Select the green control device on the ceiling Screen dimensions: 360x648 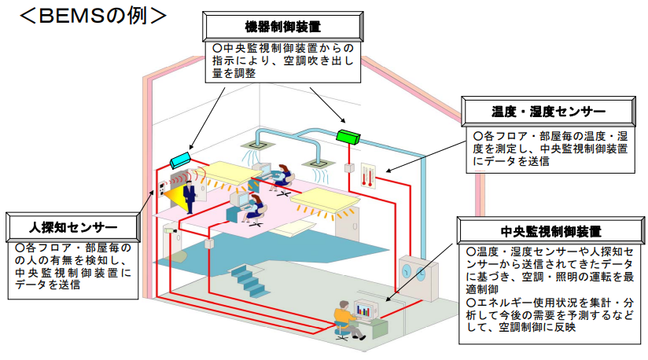click(347, 136)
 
